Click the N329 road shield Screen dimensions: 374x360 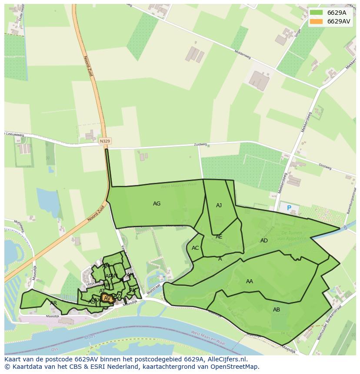(x=105, y=141)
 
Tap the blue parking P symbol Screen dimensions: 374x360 (x=289, y=209)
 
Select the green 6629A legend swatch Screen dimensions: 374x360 (x=317, y=12)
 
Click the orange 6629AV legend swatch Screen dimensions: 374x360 (x=317, y=21)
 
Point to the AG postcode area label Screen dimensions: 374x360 (x=157, y=204)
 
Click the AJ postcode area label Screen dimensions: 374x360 (x=219, y=205)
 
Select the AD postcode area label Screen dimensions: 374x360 (x=264, y=241)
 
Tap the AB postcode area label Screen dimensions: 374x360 (x=277, y=310)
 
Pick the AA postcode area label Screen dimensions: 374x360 (x=249, y=281)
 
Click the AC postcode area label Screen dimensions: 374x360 (x=195, y=248)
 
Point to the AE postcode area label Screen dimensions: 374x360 (x=219, y=237)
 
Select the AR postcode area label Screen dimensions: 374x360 (x=53, y=303)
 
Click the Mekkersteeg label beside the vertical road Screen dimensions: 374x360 (x=307, y=122)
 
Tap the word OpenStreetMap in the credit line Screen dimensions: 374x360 (x=237, y=367)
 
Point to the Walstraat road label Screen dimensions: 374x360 (x=154, y=290)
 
